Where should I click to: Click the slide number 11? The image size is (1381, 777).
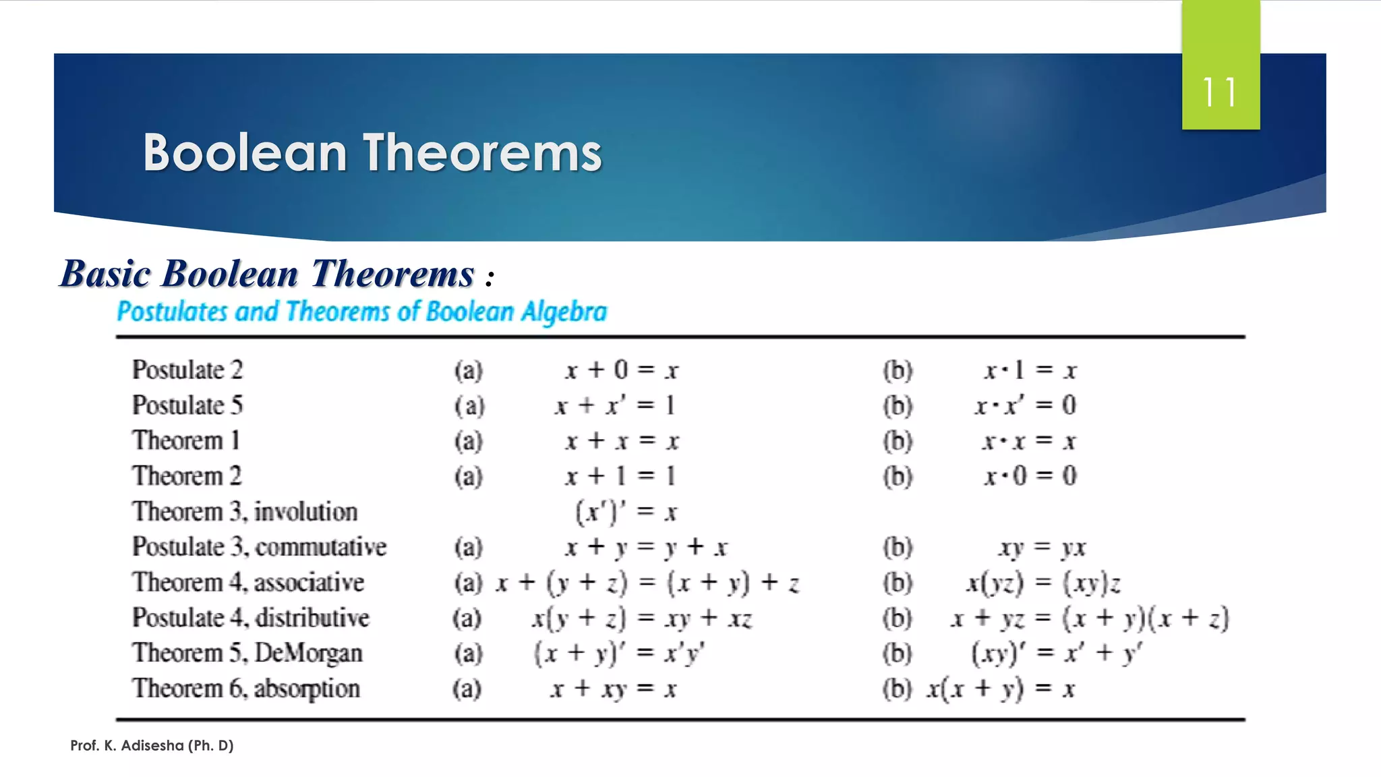pos(1220,92)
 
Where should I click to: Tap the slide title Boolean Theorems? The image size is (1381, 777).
pos(372,152)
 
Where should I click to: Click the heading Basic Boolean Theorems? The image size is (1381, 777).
pos(267,274)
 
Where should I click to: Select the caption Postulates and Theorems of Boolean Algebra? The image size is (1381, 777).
pos(361,312)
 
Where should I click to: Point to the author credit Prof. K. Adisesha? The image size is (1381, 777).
pos(152,745)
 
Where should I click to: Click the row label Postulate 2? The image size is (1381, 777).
pos(187,370)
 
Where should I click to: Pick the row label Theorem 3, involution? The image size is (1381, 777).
pos(245,511)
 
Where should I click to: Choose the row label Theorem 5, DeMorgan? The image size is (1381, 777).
pos(247,653)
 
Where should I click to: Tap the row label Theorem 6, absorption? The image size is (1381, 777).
pos(246,689)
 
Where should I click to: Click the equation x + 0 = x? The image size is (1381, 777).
pos(622,370)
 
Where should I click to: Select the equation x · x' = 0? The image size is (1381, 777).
pos(1025,405)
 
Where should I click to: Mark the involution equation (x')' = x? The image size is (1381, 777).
pos(626,512)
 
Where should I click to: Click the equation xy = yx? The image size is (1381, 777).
pos(1042,547)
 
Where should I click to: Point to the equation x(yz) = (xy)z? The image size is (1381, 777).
pos(1043,583)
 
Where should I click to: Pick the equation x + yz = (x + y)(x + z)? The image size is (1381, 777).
pos(1089,618)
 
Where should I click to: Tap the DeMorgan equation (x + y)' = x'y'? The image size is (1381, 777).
pos(619,653)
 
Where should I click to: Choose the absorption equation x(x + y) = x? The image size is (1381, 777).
pos(1001,689)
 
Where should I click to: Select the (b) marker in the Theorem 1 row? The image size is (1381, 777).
pos(898,441)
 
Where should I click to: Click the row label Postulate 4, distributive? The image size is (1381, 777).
pos(251,618)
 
